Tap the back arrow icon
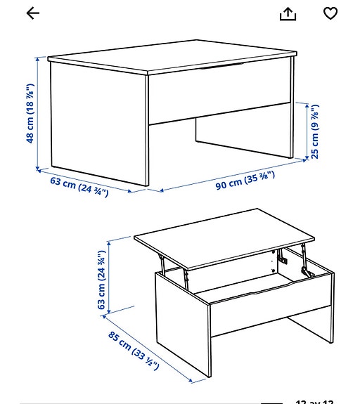(32, 13)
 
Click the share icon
(288, 13)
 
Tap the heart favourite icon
(330, 13)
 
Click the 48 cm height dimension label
(30, 114)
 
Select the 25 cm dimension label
(315, 131)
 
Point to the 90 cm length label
(245, 181)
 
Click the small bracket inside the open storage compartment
(283, 259)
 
